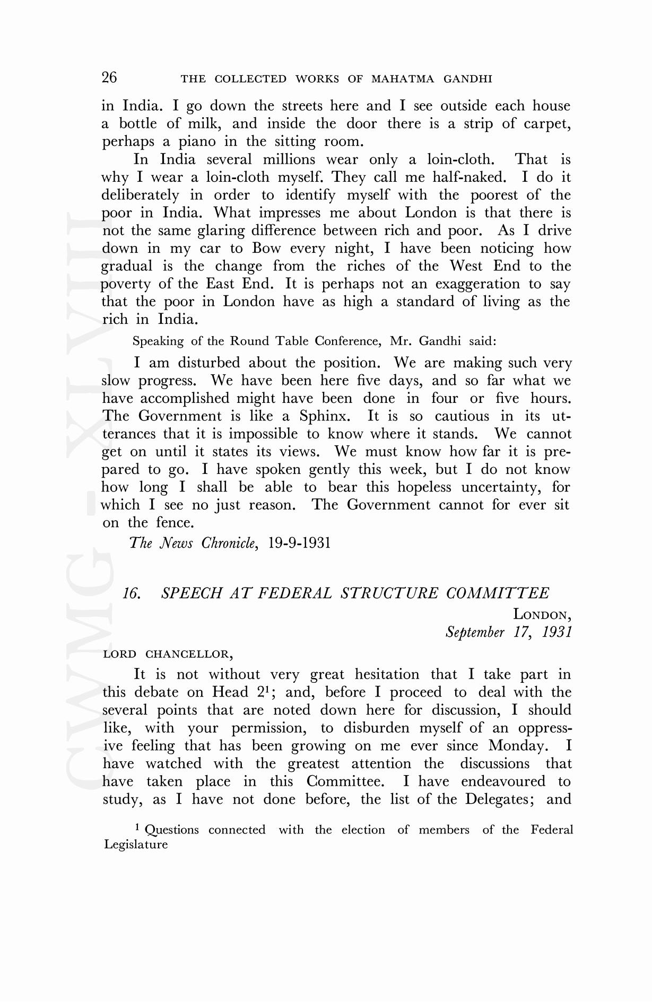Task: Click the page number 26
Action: pos(109,77)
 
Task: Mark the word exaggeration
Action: pos(477,284)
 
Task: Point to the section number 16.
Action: pos(132,593)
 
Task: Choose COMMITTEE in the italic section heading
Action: pos(498,593)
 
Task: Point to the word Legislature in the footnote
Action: pos(136,845)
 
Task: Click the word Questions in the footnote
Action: pos(172,830)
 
